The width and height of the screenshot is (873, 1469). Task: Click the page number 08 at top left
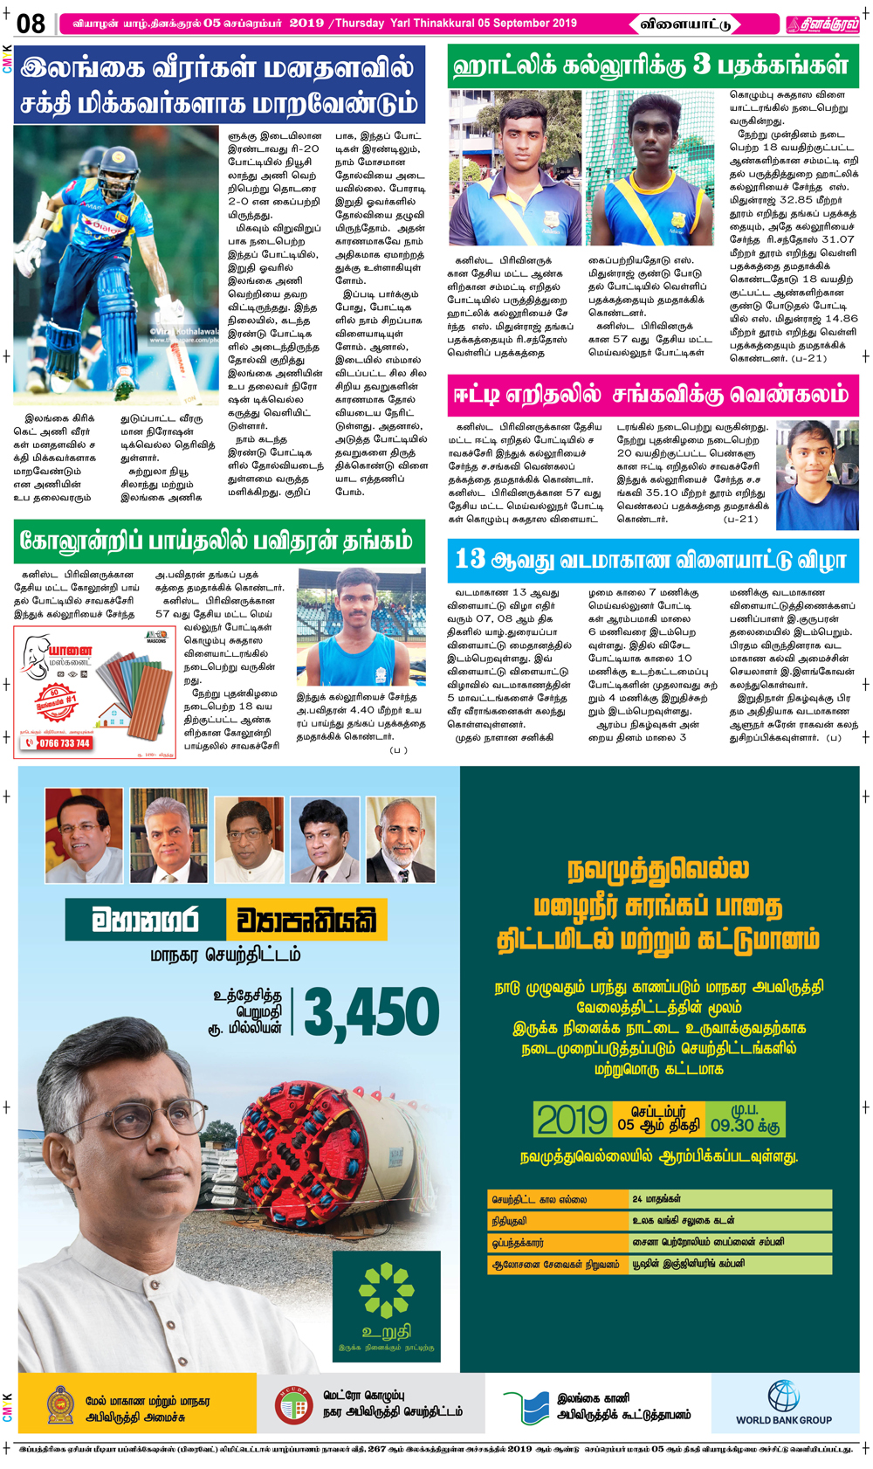(31, 24)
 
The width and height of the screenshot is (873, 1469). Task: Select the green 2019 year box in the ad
(572, 1119)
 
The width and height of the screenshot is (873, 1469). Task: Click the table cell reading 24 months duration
(730, 1199)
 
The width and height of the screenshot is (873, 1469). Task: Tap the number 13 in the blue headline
(470, 560)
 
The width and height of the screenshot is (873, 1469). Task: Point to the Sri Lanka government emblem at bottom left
(60, 1404)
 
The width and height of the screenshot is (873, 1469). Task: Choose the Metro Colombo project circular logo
(293, 1405)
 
